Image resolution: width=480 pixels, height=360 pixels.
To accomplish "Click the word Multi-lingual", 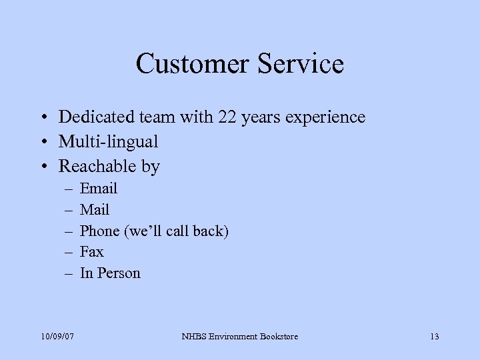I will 108,142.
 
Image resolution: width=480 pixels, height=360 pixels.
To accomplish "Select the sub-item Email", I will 98,189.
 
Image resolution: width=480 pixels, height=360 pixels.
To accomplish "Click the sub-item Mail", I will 94,210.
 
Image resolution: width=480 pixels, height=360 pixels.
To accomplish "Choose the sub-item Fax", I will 91,252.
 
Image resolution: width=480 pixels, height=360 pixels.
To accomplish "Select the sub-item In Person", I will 110,273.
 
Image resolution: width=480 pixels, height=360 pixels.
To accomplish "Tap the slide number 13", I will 434,336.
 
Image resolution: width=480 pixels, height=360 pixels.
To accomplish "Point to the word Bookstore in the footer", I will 277,336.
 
